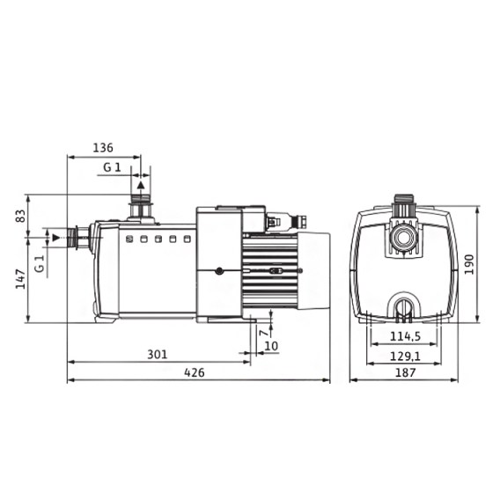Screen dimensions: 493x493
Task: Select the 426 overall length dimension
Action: tap(194, 372)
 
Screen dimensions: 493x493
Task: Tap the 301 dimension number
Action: tap(156, 354)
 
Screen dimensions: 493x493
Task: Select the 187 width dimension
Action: tap(404, 372)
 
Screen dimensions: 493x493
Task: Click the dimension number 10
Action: tap(271, 346)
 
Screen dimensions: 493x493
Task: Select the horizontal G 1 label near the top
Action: tap(112, 166)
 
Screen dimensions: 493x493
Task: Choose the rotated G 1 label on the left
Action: tap(39, 263)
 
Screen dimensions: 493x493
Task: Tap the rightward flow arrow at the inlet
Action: tap(56, 237)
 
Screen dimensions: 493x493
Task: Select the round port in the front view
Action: tap(404, 238)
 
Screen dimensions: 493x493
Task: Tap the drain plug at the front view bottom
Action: tap(404, 306)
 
